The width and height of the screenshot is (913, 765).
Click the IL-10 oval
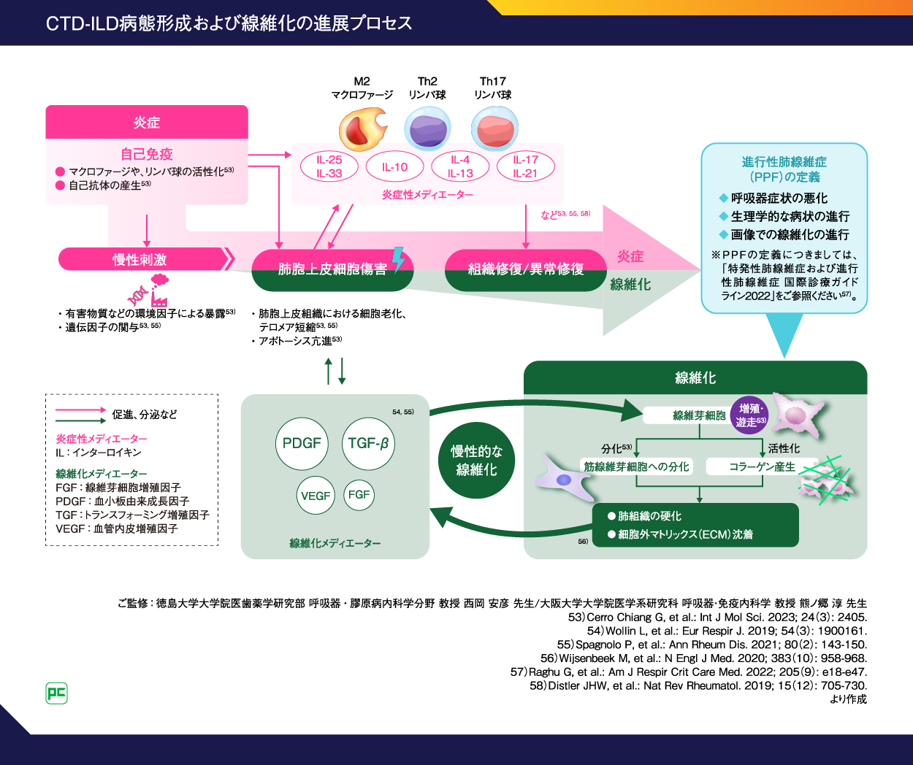click(394, 167)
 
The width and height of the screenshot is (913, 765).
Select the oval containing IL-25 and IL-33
click(329, 166)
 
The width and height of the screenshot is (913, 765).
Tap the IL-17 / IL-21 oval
click(525, 166)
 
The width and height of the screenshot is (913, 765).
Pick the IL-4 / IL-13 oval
click(460, 166)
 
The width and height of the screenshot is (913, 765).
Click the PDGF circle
click(302, 443)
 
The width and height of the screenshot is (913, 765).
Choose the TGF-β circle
click(368, 443)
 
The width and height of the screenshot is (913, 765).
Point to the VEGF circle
click(316, 496)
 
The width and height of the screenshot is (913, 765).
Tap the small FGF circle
click(359, 494)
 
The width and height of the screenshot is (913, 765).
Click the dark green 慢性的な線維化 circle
click(476, 461)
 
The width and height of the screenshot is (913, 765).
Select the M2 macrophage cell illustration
click(362, 129)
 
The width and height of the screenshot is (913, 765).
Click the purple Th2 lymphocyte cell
click(427, 128)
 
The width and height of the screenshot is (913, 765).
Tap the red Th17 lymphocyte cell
click(494, 128)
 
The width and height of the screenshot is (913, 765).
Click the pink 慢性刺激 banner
click(142, 259)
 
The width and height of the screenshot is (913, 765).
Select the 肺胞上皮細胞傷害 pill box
click(332, 269)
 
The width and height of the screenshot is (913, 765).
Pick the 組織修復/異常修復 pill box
click(526, 269)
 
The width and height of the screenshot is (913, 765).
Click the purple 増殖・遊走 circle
click(749, 415)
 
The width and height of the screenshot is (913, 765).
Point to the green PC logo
click(56, 693)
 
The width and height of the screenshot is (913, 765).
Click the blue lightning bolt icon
click(399, 258)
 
